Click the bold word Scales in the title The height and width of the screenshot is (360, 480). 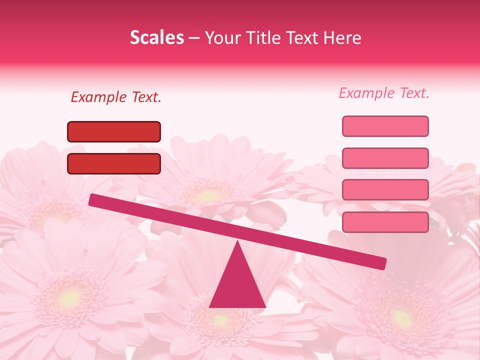(x=156, y=38)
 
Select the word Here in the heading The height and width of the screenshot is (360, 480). (x=342, y=38)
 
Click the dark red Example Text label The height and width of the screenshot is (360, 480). (x=116, y=97)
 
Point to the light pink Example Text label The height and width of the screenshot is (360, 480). (x=384, y=93)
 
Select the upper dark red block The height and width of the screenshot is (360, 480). (x=114, y=131)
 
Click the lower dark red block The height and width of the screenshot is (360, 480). (x=114, y=163)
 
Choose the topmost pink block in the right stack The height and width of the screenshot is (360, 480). (x=385, y=126)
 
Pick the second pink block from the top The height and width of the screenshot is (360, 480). (x=385, y=158)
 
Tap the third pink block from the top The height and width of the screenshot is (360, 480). (x=385, y=189)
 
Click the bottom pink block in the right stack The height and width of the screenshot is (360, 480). (x=385, y=222)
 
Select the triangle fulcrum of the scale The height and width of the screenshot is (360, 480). (x=237, y=282)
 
